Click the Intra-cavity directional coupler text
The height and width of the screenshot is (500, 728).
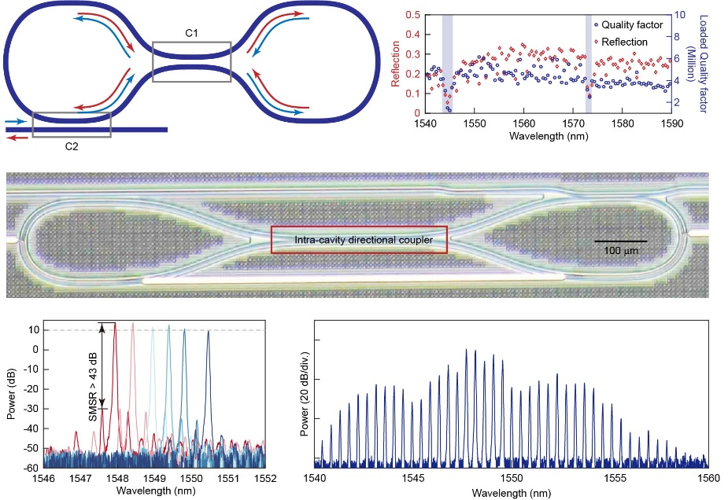click(359, 240)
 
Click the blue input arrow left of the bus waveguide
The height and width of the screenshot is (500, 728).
click(13, 122)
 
